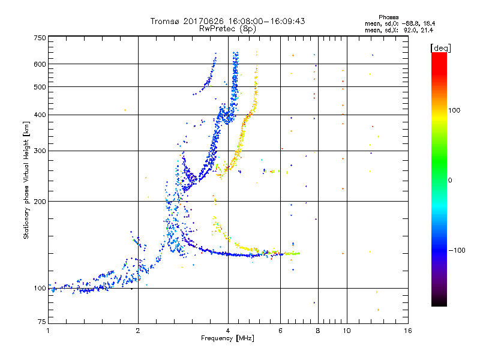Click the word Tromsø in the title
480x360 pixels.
(165, 21)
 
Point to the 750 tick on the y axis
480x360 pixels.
(40, 38)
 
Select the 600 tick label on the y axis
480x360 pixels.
(40, 64)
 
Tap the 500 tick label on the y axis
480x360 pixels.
(40, 87)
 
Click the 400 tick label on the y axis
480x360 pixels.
(40, 115)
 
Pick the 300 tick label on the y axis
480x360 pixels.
(40, 151)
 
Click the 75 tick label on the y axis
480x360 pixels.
(42, 322)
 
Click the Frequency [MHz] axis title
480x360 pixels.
(228, 339)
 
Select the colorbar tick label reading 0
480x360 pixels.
(450, 180)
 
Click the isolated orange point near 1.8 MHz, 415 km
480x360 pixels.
(125, 110)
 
